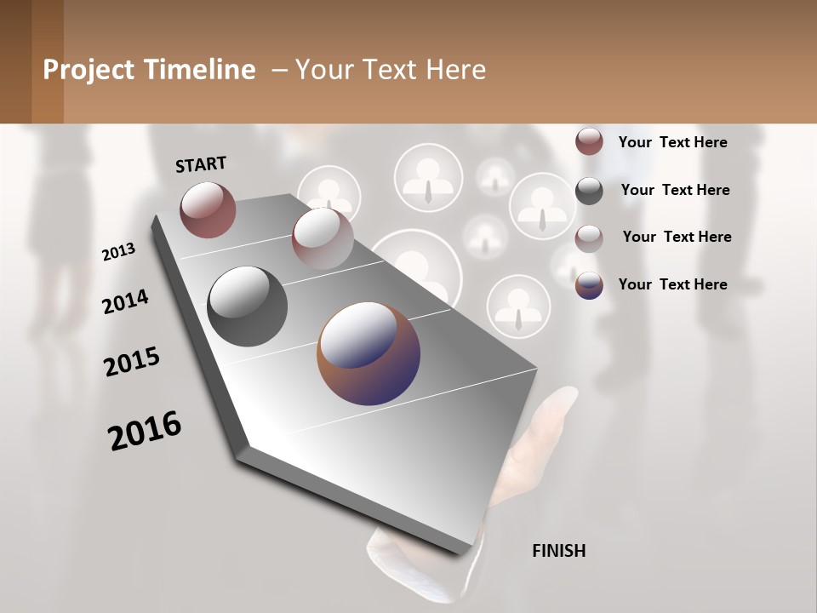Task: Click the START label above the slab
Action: [x=201, y=164]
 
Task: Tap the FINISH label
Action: [x=559, y=551]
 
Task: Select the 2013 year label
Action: [x=118, y=252]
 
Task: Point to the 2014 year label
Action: [x=125, y=302]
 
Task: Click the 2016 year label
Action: [x=145, y=430]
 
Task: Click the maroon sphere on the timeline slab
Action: [x=208, y=209]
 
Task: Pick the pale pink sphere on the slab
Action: [x=323, y=238]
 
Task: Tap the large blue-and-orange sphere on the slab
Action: [x=369, y=353]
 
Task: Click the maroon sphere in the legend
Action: [x=589, y=141]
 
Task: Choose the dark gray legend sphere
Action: [x=589, y=191]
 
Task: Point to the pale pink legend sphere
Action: [x=589, y=238]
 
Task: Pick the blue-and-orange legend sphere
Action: [x=589, y=285]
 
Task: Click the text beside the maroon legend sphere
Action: [x=672, y=142]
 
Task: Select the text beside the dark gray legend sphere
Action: [x=675, y=190]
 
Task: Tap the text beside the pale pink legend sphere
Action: [x=677, y=237]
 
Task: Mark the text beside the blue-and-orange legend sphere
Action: [x=672, y=284]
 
